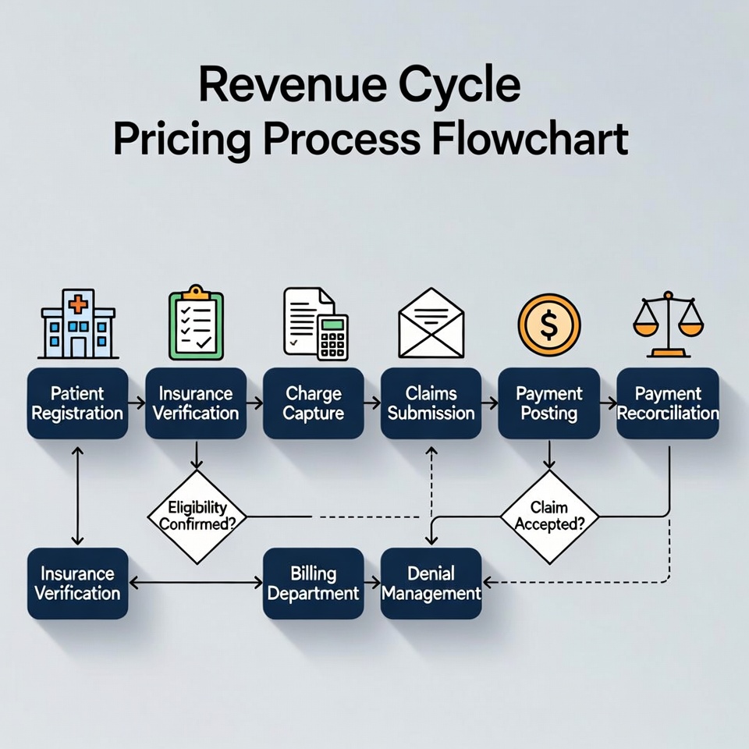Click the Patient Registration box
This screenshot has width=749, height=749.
[x=77, y=403]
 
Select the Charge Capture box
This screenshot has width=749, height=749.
[x=313, y=403]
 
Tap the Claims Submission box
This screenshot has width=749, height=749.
[x=431, y=403]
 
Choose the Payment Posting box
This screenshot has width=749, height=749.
[x=548, y=403]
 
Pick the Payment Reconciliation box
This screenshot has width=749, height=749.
[x=667, y=403]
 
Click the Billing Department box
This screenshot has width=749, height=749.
[x=313, y=584]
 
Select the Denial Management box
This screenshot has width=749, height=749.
[x=431, y=584]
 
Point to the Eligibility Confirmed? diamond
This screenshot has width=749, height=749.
[x=197, y=516]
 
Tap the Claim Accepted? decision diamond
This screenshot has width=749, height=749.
[x=549, y=516]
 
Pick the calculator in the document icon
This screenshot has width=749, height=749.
[x=334, y=337]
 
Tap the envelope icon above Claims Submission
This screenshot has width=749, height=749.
[x=431, y=323]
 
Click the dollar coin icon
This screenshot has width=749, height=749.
[x=549, y=325]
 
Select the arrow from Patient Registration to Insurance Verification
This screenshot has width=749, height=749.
[x=136, y=404]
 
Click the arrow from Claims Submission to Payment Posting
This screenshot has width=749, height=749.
[x=490, y=404]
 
